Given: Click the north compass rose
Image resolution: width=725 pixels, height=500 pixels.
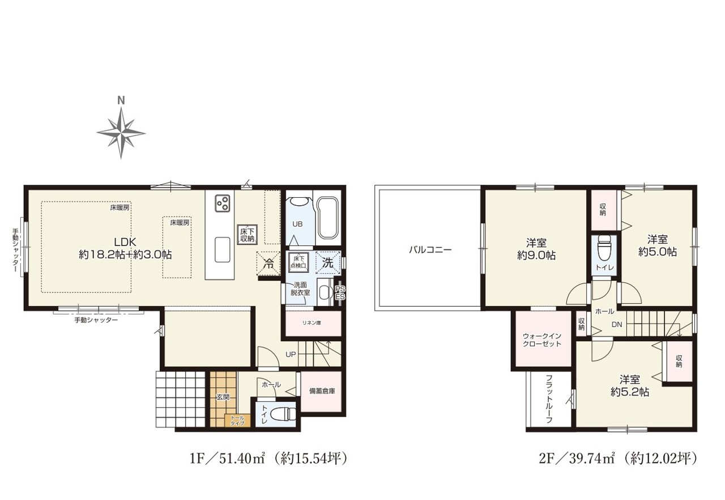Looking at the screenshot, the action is [121, 133].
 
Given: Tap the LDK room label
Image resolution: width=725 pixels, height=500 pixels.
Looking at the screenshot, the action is [125, 242].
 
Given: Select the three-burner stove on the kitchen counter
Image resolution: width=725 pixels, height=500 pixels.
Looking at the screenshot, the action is [222, 203].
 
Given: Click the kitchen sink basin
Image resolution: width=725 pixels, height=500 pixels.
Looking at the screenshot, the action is [223, 249].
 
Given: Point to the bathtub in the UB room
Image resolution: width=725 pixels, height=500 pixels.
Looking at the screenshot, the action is [327, 218].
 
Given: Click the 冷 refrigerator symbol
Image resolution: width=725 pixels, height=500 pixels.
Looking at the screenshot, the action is [268, 264].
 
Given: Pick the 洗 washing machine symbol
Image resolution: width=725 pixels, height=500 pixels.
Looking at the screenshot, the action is [328, 262].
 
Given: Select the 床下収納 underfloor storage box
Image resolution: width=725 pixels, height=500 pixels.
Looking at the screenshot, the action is [248, 235].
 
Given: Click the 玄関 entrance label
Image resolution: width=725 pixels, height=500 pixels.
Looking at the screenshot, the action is [223, 397].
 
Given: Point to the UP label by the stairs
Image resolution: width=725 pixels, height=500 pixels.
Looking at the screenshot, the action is [291, 355].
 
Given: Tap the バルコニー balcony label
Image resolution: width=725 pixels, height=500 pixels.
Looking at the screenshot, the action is [430, 249].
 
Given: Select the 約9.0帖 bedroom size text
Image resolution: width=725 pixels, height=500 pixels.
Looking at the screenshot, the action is [536, 256].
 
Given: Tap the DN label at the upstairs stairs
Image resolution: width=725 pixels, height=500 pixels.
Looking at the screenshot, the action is [617, 324].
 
